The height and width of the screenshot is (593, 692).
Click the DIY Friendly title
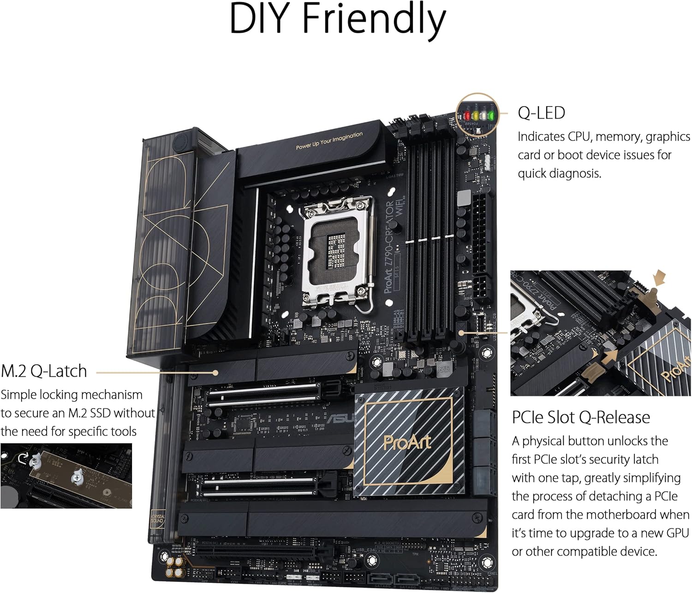tap(337, 20)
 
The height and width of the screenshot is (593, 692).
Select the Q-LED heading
tap(541, 113)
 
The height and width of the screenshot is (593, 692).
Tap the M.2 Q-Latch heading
tap(44, 371)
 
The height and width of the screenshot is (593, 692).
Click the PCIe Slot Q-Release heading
tap(581, 417)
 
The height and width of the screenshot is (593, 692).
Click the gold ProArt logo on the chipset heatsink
tap(407, 442)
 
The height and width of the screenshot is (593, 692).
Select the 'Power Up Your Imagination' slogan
tap(329, 141)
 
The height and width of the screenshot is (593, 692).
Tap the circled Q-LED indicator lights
tap(477, 114)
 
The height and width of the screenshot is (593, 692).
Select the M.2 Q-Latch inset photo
tap(66, 476)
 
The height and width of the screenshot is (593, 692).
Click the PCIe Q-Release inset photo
tap(600, 333)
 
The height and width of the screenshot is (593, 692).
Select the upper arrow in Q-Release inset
tap(660, 277)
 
